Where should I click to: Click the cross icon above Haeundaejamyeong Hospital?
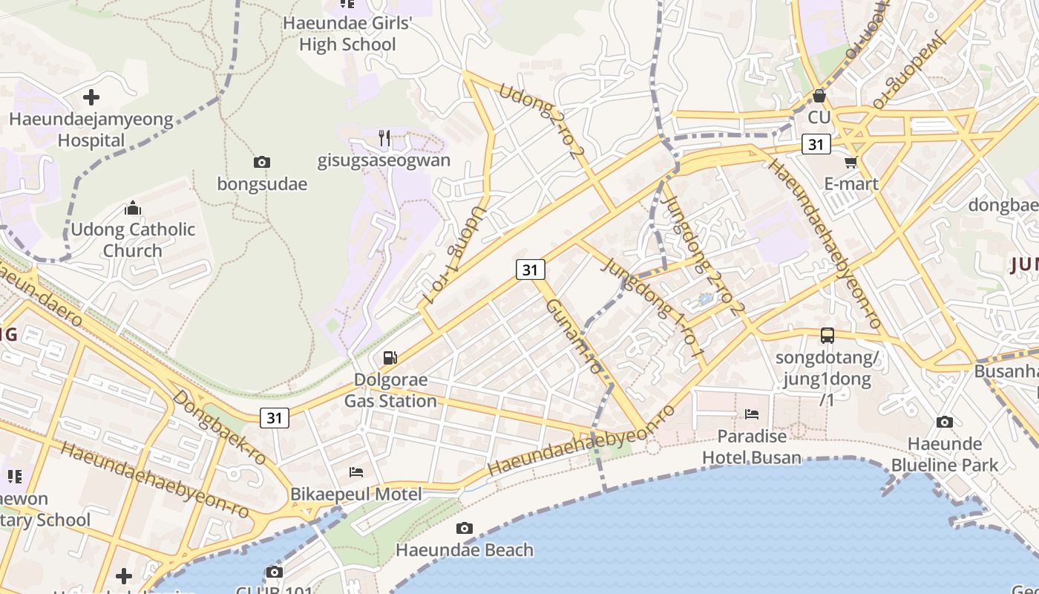(91, 97)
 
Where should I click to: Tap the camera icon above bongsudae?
(261, 162)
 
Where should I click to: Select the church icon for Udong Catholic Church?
(133, 208)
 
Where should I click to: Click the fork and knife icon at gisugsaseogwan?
(384, 138)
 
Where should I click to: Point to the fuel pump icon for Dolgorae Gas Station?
(390, 358)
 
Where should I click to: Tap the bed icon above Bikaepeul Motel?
(356, 472)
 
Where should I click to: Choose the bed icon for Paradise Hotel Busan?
(752, 414)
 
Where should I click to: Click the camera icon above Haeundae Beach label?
(465, 529)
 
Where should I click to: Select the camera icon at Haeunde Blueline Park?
(945, 422)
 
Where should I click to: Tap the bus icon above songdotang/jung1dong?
(827, 336)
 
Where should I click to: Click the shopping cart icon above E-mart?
(850, 162)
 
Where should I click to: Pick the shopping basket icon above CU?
(819, 96)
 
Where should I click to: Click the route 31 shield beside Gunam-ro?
(530, 270)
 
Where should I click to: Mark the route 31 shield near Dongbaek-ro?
(275, 418)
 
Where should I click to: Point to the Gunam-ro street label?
(574, 336)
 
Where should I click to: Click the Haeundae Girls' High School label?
(347, 34)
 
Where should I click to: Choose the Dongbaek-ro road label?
(219, 427)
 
